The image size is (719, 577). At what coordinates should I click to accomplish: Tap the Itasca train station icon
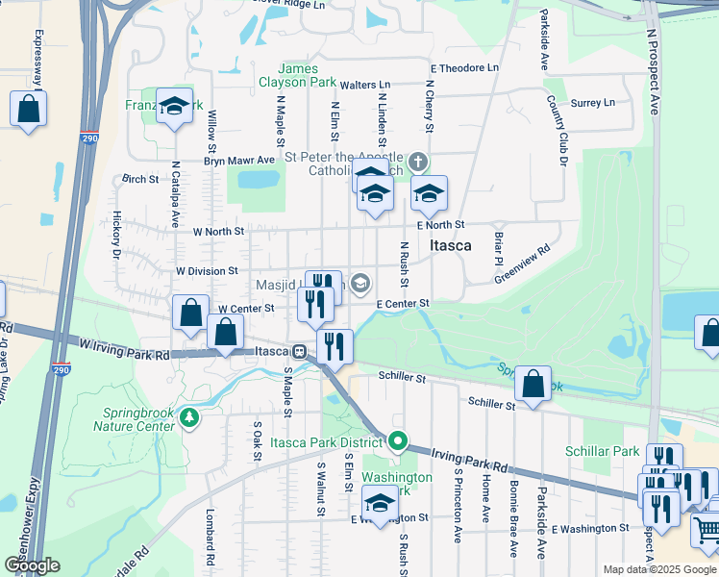pyautogui.click(x=300, y=352)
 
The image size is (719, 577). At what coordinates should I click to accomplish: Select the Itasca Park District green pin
pyautogui.click(x=398, y=442)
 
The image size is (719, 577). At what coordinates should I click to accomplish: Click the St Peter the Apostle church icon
pyautogui.click(x=417, y=161)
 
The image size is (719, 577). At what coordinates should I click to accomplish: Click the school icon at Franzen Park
pyautogui.click(x=174, y=108)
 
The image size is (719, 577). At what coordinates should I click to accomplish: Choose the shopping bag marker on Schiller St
pyautogui.click(x=532, y=384)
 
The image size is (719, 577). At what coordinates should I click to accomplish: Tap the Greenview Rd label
pyautogui.click(x=522, y=263)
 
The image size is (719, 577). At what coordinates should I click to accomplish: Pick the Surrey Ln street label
pyautogui.click(x=592, y=103)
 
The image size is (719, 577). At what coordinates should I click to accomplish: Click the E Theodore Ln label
pyautogui.click(x=465, y=68)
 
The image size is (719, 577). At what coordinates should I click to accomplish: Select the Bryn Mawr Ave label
pyautogui.click(x=239, y=160)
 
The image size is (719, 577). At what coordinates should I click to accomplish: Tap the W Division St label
pyautogui.click(x=206, y=271)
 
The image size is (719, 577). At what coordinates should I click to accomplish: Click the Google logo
pyautogui.click(x=32, y=565)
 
